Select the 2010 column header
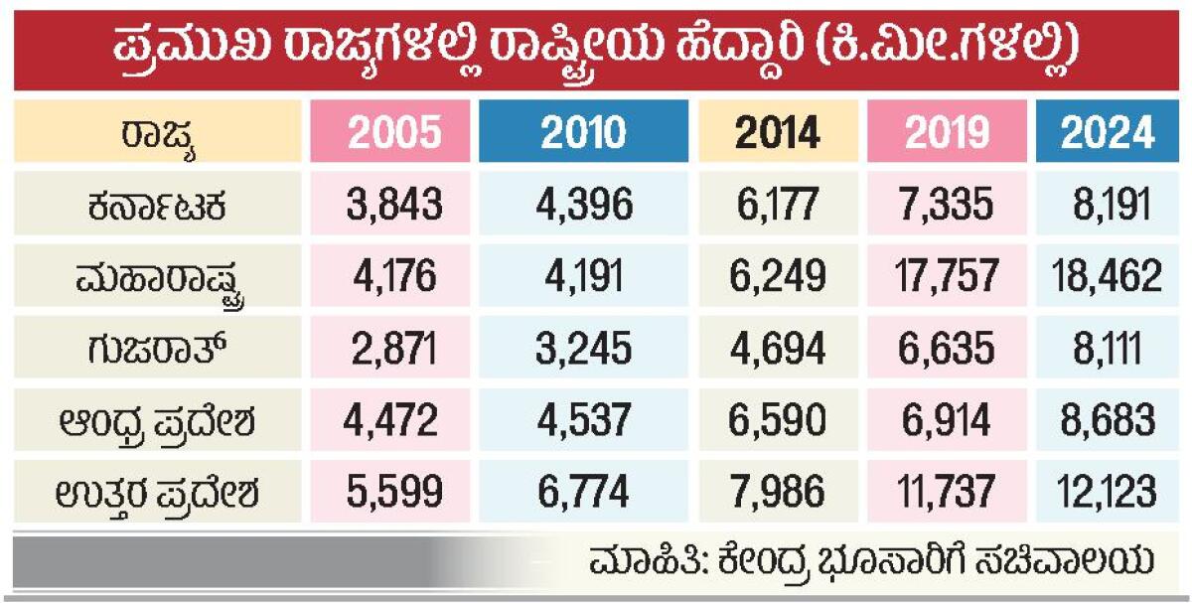pos(584,131)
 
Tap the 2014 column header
pos(779,131)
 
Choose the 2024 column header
pos(1108,131)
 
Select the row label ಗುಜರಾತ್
pos(159,348)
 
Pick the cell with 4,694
pos(779,348)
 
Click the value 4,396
pos(584,206)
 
